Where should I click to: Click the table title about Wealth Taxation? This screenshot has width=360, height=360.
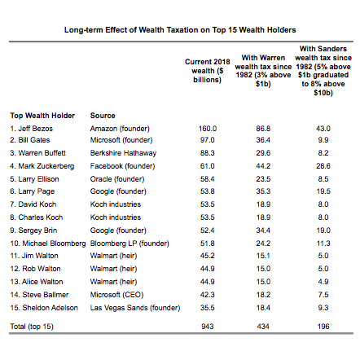(x=180, y=30)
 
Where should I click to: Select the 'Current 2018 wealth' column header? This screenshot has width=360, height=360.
(x=208, y=71)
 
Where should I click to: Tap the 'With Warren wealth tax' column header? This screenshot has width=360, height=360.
(x=263, y=71)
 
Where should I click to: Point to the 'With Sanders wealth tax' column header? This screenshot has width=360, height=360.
(x=323, y=71)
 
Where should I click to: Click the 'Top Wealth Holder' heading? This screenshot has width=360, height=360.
(x=42, y=116)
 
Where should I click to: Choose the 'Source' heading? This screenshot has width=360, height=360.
(x=103, y=116)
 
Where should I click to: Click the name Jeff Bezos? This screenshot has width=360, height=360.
(x=32, y=129)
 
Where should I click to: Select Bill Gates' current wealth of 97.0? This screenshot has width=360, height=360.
(x=208, y=140)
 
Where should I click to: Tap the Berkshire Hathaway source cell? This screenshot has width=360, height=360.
(x=123, y=153)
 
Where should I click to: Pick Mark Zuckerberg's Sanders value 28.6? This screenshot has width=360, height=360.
(x=323, y=166)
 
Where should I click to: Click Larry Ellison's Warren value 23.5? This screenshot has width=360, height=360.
(x=263, y=179)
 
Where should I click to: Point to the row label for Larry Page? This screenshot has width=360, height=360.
(x=33, y=191)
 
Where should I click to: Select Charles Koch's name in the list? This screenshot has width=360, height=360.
(x=37, y=217)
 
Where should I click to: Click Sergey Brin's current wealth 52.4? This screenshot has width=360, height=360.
(x=208, y=230)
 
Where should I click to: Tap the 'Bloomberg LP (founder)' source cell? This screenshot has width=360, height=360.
(x=130, y=244)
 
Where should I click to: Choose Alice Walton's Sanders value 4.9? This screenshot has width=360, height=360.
(x=323, y=282)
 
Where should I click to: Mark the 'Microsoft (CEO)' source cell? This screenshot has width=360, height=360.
(x=116, y=295)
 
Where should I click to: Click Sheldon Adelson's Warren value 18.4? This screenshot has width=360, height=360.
(x=263, y=308)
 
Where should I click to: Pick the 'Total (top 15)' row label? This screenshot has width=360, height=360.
(x=32, y=327)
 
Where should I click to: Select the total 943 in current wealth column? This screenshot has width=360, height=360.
(x=208, y=327)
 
